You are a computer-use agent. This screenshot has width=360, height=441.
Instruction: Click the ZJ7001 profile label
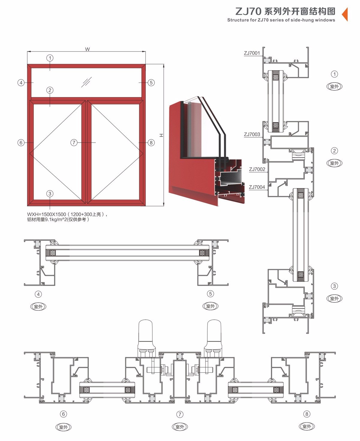[x=252, y=53]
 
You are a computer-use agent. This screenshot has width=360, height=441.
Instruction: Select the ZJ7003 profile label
[x=252, y=134]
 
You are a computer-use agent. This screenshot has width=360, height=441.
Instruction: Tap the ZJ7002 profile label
[x=257, y=169]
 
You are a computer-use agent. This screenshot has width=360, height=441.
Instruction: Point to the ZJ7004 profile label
[x=257, y=187]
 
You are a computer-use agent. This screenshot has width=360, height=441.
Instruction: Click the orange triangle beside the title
[x=345, y=14]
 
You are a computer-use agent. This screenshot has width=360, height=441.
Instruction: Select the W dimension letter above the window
[x=87, y=49]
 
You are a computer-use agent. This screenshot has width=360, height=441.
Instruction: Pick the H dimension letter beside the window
[x=161, y=135]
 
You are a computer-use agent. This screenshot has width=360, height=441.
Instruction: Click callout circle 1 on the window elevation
[x=50, y=58]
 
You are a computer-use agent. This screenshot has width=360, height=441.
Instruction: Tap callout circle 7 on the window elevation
[x=74, y=143]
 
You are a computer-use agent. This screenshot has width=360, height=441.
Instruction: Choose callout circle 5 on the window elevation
[x=151, y=83]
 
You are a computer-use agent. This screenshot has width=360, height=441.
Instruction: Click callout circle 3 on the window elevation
[x=50, y=194]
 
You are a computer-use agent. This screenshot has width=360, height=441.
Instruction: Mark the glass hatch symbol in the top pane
[x=86, y=82]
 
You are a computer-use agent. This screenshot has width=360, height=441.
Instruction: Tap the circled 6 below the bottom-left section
[x=64, y=414]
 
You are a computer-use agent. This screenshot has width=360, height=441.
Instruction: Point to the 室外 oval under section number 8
[x=307, y=426]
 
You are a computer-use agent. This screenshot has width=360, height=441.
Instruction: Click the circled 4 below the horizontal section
[x=38, y=294]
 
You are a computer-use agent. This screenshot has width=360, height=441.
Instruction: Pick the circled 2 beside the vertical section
[x=334, y=151]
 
